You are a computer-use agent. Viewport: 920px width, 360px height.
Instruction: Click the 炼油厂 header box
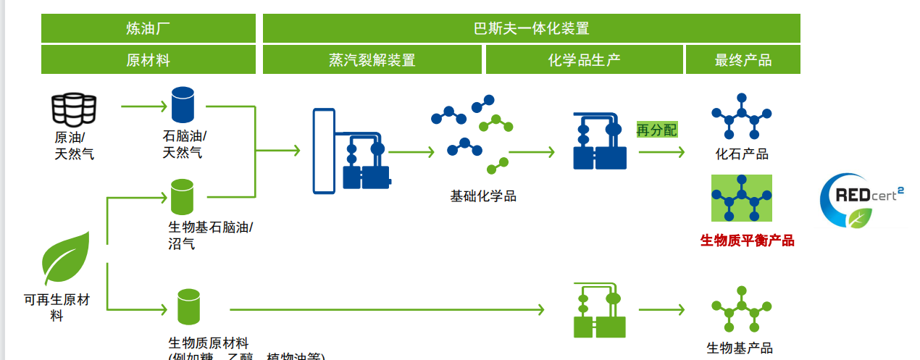[x=148, y=29]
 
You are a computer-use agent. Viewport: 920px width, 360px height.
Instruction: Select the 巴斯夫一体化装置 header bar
[x=531, y=29]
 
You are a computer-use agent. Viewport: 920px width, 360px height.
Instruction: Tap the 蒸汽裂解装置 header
[x=372, y=60]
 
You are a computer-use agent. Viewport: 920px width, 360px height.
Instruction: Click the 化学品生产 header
[x=584, y=60]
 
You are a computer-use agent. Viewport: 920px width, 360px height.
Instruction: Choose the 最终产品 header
[x=743, y=60]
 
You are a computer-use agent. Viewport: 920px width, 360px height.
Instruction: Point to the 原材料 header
[x=148, y=60]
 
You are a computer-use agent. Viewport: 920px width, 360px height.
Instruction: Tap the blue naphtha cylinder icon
[x=183, y=105]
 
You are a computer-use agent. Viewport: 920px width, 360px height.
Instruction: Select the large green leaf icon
[x=66, y=259]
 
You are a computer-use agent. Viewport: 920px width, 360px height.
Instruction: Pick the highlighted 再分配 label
[x=657, y=130]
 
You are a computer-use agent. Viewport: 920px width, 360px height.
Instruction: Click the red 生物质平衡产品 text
[x=747, y=240]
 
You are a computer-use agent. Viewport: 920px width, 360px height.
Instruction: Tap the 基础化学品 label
[x=483, y=196]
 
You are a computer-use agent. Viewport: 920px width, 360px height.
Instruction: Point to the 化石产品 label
[x=742, y=154]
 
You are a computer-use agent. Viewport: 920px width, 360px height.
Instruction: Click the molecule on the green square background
[x=741, y=198]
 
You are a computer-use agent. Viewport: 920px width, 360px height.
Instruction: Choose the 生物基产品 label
[x=740, y=348]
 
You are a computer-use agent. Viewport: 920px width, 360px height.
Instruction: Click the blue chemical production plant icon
[x=599, y=141]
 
